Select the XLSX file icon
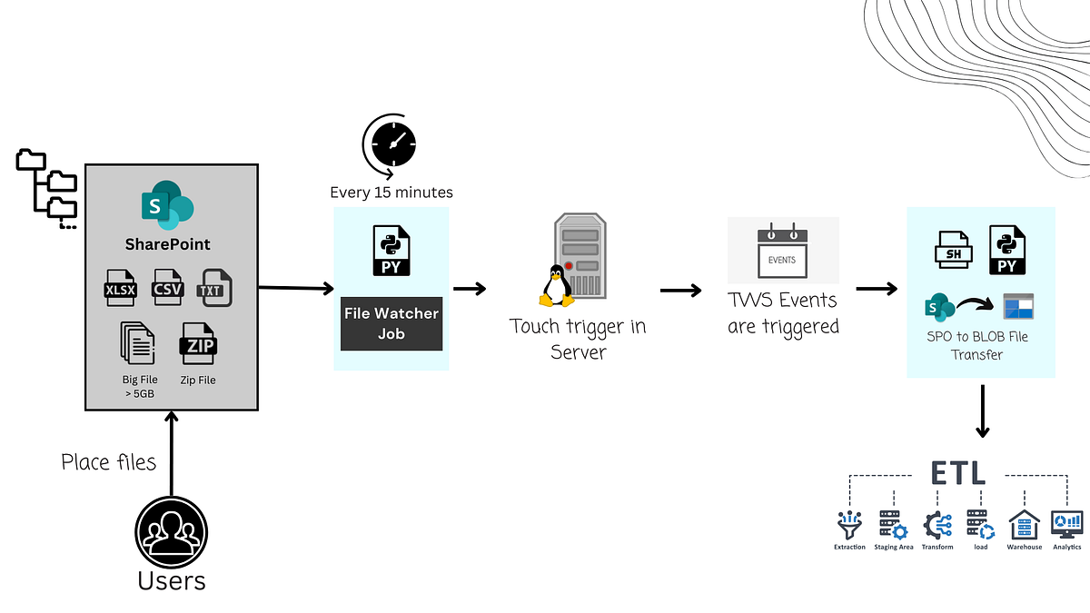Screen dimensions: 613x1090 (x=123, y=288)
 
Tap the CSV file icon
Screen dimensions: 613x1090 (x=168, y=287)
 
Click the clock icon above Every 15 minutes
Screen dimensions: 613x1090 (x=390, y=144)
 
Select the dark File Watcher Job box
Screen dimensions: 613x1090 (x=391, y=323)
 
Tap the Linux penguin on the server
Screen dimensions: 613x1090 (x=555, y=284)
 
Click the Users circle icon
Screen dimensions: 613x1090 (x=172, y=533)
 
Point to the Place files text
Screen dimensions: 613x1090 (x=109, y=462)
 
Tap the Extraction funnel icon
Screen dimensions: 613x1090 (x=849, y=524)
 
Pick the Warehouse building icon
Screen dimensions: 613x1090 (x=1024, y=524)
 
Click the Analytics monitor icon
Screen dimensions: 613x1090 (x=1066, y=524)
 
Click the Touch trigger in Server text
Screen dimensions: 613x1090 (x=578, y=338)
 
